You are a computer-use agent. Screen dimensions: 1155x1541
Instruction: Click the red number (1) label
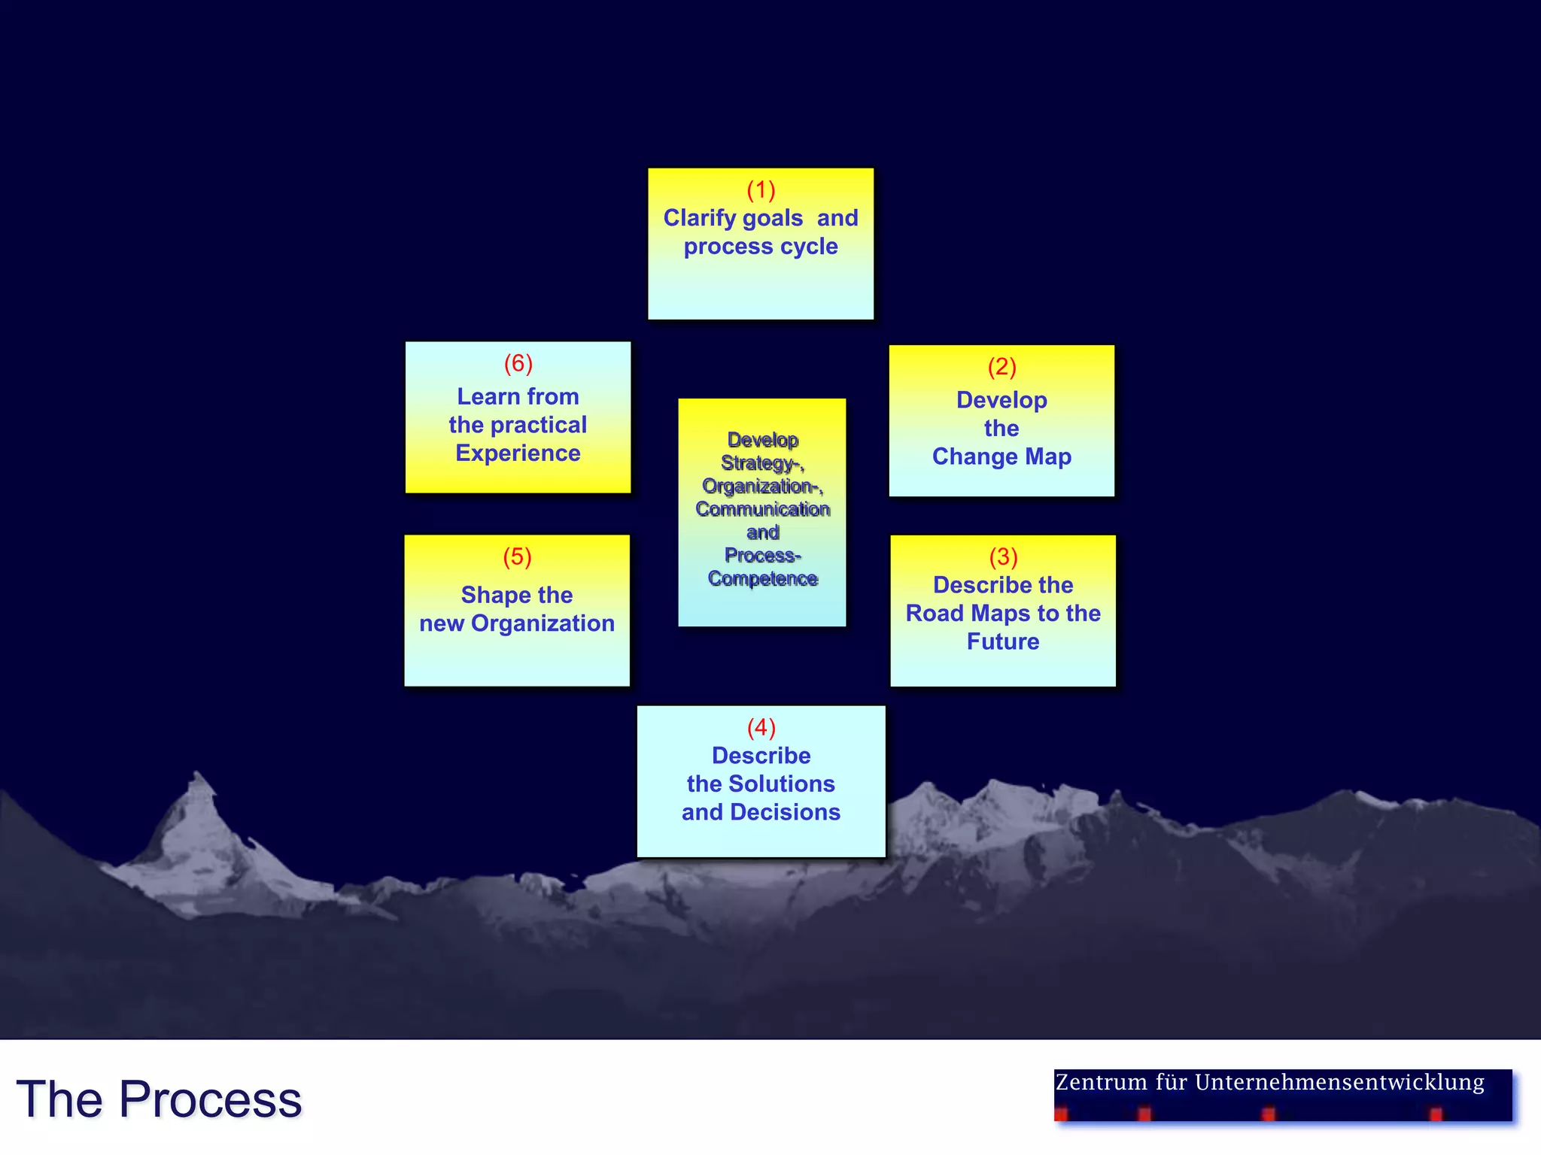[x=761, y=190]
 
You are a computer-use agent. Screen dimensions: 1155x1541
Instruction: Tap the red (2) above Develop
[x=1001, y=367]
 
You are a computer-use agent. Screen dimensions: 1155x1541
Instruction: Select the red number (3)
[x=1003, y=557]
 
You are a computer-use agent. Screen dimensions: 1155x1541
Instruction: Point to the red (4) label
[x=761, y=728]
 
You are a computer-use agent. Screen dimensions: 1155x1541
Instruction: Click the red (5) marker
[x=517, y=557]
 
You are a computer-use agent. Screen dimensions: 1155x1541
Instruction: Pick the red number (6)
[x=518, y=364]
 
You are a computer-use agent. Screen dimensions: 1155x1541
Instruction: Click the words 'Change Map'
[x=1001, y=456]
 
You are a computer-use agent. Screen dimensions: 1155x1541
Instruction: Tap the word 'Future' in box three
[x=1003, y=641]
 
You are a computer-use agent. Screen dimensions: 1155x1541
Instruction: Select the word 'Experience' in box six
[x=518, y=453]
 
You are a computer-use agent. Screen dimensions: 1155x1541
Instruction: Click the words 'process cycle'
[x=761, y=247]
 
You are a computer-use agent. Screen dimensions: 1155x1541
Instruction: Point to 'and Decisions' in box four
[x=761, y=812]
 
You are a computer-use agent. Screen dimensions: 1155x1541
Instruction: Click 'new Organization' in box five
[x=517, y=623]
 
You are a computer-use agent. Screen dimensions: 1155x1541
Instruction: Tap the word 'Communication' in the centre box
[x=762, y=509]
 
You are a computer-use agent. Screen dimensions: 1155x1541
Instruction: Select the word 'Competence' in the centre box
[x=762, y=578]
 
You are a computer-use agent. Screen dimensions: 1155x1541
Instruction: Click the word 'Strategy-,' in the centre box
[x=762, y=463]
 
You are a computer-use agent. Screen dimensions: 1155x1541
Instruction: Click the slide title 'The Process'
[x=159, y=1099]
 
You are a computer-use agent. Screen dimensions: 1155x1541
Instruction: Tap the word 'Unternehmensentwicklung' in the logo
[x=1339, y=1082]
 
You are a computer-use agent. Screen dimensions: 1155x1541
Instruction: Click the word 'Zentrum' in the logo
[x=1102, y=1082]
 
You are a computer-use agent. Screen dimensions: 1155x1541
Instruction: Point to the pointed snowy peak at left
[x=198, y=782]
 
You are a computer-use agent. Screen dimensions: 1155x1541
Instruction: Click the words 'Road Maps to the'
[x=1003, y=614]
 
